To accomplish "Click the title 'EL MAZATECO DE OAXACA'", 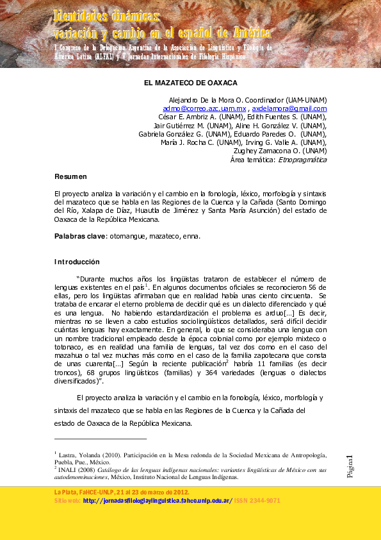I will pos(190,83).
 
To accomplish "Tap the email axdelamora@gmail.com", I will pos(289,109).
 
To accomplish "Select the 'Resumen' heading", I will pos(70,176).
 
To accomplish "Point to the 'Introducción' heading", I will pos(77,262).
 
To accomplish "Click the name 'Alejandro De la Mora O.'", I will pos(204,100).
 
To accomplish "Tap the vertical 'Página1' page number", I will pos(350,466).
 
